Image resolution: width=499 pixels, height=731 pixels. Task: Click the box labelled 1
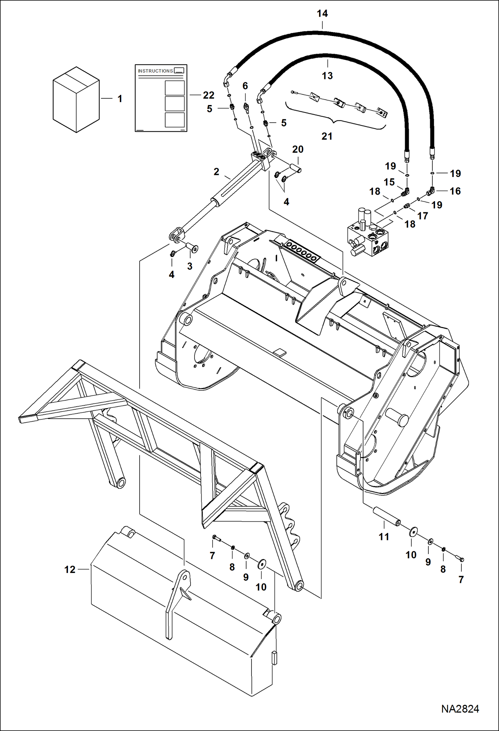76,99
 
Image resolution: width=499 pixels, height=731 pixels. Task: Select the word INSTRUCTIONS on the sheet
155,71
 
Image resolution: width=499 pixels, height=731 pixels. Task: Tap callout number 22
209,95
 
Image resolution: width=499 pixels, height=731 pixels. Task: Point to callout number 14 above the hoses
322,14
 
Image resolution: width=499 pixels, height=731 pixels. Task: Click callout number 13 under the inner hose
327,76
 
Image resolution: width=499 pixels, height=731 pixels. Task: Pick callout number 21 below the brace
327,136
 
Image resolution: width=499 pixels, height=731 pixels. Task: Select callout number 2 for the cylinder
217,172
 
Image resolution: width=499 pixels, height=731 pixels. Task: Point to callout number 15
389,182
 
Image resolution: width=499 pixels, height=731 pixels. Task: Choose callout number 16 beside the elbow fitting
455,191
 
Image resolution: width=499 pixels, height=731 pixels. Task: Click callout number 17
422,216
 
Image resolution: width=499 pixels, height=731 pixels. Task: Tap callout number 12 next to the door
70,569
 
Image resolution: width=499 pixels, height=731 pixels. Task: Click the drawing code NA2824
460,709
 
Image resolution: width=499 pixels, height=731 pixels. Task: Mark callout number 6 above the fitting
245,86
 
